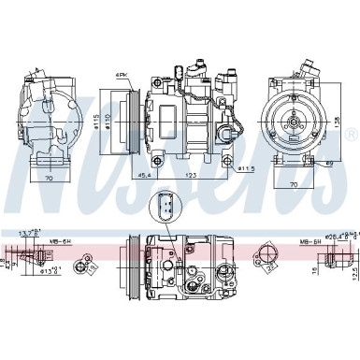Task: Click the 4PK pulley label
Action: [x=122, y=74]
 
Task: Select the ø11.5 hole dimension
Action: [x=245, y=168]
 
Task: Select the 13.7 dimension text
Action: [x=28, y=231]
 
